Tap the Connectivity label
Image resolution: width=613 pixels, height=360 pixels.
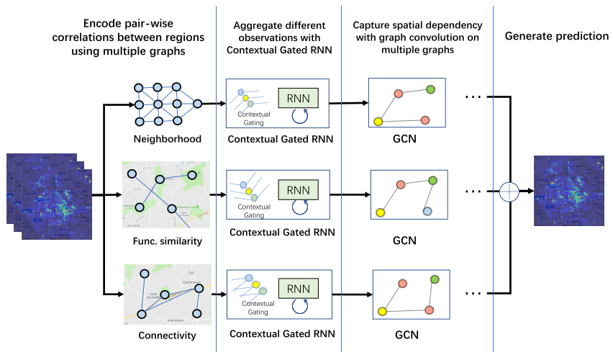point(167,336)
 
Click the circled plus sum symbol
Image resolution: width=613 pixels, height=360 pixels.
point(509,192)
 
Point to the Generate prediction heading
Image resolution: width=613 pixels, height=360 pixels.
point(556,36)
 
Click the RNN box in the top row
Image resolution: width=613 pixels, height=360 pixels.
point(298,98)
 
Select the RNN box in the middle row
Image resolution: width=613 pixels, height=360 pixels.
point(298,191)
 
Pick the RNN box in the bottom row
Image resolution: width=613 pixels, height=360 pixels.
point(298,289)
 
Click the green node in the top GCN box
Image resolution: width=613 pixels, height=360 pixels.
point(430,89)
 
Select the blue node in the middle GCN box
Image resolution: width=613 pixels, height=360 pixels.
point(427,211)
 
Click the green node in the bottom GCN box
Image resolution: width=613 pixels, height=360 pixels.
point(435,279)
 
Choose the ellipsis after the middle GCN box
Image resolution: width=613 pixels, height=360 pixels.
point(473,192)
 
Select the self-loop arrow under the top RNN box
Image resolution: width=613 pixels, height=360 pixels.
point(299,115)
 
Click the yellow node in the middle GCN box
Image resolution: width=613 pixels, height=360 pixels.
point(379,212)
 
